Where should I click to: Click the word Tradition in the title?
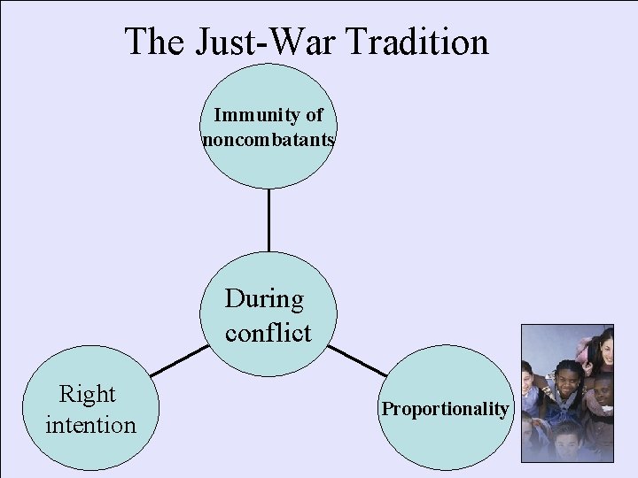pos(419,42)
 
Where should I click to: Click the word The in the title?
pos(152,42)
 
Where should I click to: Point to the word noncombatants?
pos(268,139)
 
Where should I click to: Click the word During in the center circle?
pos(264,299)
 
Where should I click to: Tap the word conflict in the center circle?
pos(268,333)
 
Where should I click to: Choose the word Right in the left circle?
pos(87,393)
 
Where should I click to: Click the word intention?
pos(90,425)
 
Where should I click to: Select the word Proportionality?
pos(446,409)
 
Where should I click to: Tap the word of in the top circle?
pos(314,115)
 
